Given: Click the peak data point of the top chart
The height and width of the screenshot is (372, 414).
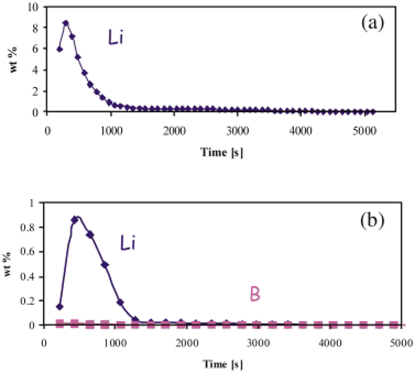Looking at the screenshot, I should pos(66,23).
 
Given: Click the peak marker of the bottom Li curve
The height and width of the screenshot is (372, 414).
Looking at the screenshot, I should pos(75,220).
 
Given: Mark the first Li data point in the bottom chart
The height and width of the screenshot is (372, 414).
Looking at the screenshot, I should pos(60,306).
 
